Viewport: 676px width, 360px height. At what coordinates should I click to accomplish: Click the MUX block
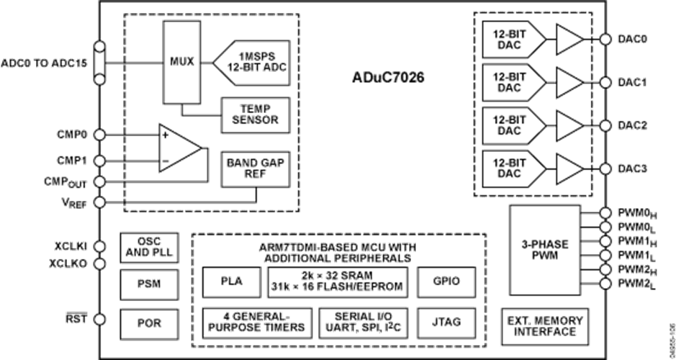click(181, 62)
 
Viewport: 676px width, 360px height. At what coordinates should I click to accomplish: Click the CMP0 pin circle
click(101, 134)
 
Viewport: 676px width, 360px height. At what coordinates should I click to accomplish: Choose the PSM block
click(148, 284)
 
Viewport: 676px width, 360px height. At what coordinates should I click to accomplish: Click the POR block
click(148, 323)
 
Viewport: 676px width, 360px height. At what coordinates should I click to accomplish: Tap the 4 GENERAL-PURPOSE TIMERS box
click(256, 322)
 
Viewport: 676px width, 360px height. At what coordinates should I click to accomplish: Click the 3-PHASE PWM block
click(544, 249)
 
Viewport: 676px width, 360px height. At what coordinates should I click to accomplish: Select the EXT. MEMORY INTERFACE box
click(544, 325)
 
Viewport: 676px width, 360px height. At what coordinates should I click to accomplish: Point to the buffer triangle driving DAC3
click(569, 168)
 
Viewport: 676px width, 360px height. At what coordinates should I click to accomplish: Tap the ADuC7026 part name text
click(389, 77)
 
